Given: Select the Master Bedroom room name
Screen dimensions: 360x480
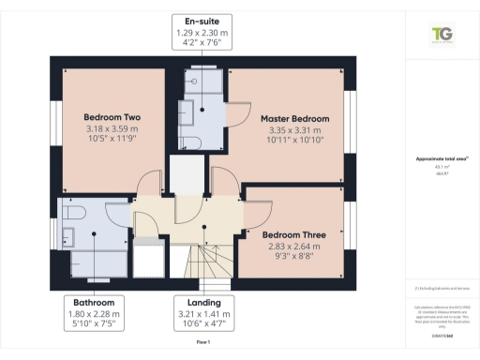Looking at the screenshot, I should pos(295,119).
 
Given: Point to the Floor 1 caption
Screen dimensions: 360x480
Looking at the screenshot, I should pos(203,344).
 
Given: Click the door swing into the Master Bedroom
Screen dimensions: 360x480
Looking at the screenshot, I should pos(240,111).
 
